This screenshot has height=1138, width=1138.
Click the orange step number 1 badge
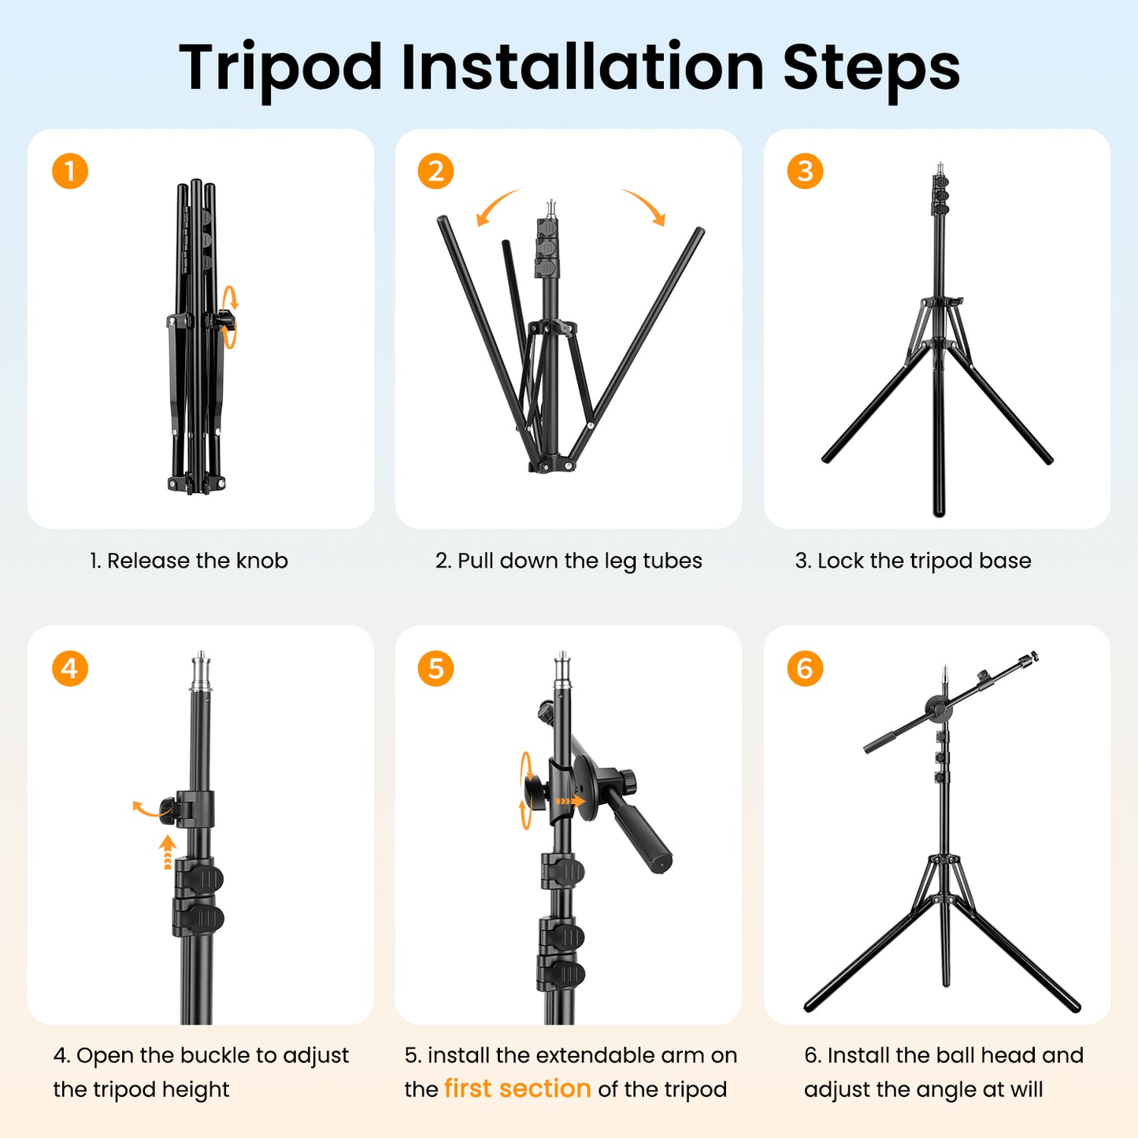(70, 172)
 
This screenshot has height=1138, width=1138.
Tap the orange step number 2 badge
(436, 172)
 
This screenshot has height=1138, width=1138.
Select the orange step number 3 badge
(805, 172)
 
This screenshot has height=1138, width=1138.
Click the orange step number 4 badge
(70, 669)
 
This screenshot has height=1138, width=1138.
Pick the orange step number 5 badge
(436, 669)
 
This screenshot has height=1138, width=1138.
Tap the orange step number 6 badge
(805, 669)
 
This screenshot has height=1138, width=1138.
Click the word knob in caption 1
(262, 561)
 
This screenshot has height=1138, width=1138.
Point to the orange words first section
(517, 1088)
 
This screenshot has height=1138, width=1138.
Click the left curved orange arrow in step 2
(495, 206)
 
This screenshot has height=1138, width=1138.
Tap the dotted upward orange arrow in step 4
(167, 852)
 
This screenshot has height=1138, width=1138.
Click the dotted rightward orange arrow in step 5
(570, 801)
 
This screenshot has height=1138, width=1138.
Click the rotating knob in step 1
(226, 321)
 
